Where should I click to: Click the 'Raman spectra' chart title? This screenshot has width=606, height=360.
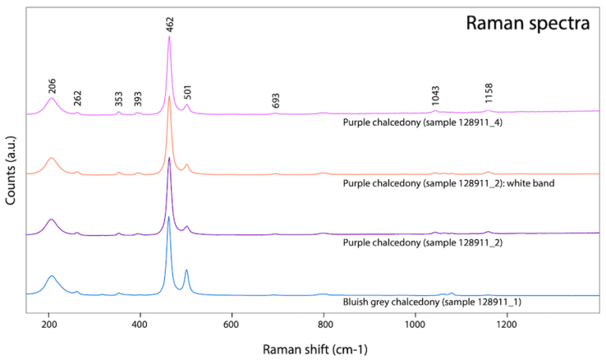point(528,23)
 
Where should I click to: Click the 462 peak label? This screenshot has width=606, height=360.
point(170,23)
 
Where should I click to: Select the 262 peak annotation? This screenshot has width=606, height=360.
point(77,99)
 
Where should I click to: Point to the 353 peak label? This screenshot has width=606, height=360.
point(118,99)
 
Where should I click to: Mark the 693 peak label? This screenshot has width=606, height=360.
point(275,100)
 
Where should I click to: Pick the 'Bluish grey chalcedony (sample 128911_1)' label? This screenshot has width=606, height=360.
point(432,302)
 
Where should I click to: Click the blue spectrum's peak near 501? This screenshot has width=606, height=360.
point(186,270)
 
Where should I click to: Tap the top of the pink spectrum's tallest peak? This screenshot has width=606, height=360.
point(169,37)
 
